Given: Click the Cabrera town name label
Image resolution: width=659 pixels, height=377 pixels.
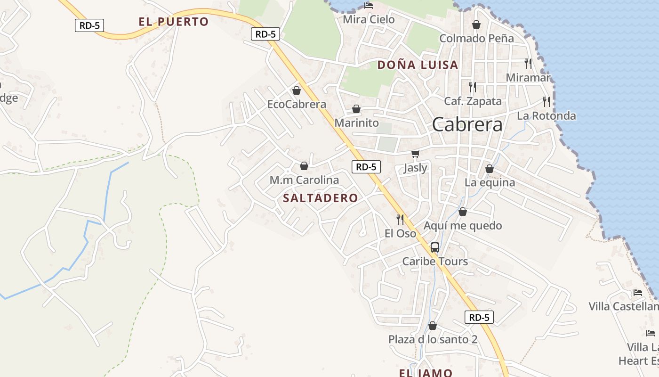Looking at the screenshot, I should pyautogui.click(x=467, y=124).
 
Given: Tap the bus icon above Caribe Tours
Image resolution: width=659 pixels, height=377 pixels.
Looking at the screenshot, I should pyautogui.click(x=435, y=247).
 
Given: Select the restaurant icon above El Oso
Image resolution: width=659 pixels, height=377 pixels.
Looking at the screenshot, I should pyautogui.click(x=400, y=219).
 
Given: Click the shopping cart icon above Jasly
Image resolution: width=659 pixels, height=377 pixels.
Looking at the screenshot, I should pyautogui.click(x=415, y=154).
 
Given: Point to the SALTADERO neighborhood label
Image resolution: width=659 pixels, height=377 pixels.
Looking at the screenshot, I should pyautogui.click(x=321, y=198).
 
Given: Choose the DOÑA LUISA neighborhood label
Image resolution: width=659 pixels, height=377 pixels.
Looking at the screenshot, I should pyautogui.click(x=418, y=65).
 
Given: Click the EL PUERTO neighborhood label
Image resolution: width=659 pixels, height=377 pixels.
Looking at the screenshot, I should pyautogui.click(x=173, y=22).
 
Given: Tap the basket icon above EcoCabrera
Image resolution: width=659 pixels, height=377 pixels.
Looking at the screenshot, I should pyautogui.click(x=297, y=90).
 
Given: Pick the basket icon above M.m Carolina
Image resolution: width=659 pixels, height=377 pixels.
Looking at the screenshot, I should pyautogui.click(x=304, y=166).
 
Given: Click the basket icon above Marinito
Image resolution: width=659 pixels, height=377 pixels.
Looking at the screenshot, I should pyautogui.click(x=356, y=109).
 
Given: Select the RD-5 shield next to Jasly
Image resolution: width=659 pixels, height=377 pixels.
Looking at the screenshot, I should pyautogui.click(x=366, y=166).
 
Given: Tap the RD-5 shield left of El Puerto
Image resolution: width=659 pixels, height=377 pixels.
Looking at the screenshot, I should pyautogui.click(x=89, y=25).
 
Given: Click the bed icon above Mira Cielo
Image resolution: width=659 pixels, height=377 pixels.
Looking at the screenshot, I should pyautogui.click(x=369, y=6).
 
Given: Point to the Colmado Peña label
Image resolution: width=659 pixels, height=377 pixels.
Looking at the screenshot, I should pyautogui.click(x=476, y=38).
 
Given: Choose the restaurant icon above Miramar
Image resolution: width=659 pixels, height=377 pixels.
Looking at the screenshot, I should pyautogui.click(x=528, y=63).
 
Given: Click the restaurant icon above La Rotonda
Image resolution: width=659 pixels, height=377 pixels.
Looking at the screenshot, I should pyautogui.click(x=546, y=101).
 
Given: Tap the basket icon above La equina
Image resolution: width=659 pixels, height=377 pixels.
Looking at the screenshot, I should pyautogui.click(x=490, y=168).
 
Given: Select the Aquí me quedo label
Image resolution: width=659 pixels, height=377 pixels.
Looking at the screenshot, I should pyautogui.click(x=463, y=226).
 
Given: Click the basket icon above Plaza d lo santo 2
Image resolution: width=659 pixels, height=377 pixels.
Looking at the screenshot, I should pyautogui.click(x=433, y=326).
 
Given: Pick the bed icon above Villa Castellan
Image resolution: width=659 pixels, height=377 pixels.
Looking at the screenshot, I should pyautogui.click(x=638, y=293).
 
